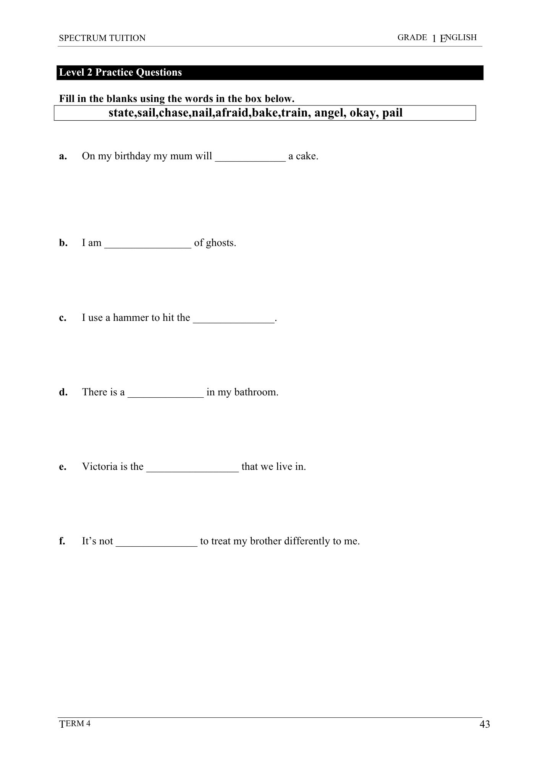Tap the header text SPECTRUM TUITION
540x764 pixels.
(102, 38)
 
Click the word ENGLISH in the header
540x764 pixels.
(458, 37)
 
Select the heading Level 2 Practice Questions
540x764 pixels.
(121, 73)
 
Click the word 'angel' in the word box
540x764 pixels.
(330, 113)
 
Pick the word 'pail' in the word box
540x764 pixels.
(392, 113)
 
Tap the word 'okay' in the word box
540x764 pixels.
(363, 113)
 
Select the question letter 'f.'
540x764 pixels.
(62, 541)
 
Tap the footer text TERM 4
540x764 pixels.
(75, 724)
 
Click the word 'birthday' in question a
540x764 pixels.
(133, 157)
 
